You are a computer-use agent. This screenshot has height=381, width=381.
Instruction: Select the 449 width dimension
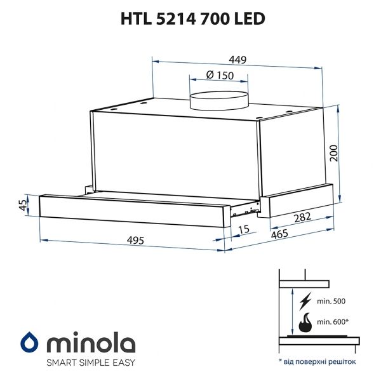pos(237,60)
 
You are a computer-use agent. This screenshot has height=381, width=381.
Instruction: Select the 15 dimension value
pos(243,230)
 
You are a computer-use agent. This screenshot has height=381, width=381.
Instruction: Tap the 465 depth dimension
pos(279,234)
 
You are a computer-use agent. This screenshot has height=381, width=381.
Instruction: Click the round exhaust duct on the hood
pos(220,101)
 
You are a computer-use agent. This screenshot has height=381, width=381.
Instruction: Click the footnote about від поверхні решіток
pos(317,361)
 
